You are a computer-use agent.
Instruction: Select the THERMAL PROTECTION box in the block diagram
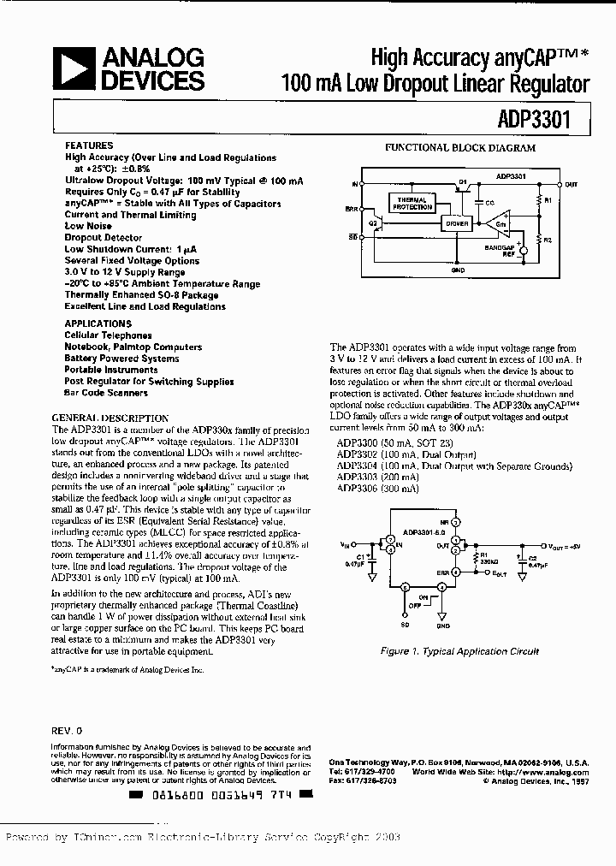pos(412,204)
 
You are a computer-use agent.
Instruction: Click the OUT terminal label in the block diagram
pos(571,184)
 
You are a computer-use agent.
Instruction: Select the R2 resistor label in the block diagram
pos(547,240)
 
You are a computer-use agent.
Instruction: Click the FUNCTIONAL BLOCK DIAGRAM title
pos(459,148)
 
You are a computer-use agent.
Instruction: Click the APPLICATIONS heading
pos(98,323)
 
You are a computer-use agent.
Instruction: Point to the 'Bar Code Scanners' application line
pos(106,393)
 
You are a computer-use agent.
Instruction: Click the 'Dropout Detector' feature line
pos(104,237)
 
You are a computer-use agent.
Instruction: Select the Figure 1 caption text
pos(459,651)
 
